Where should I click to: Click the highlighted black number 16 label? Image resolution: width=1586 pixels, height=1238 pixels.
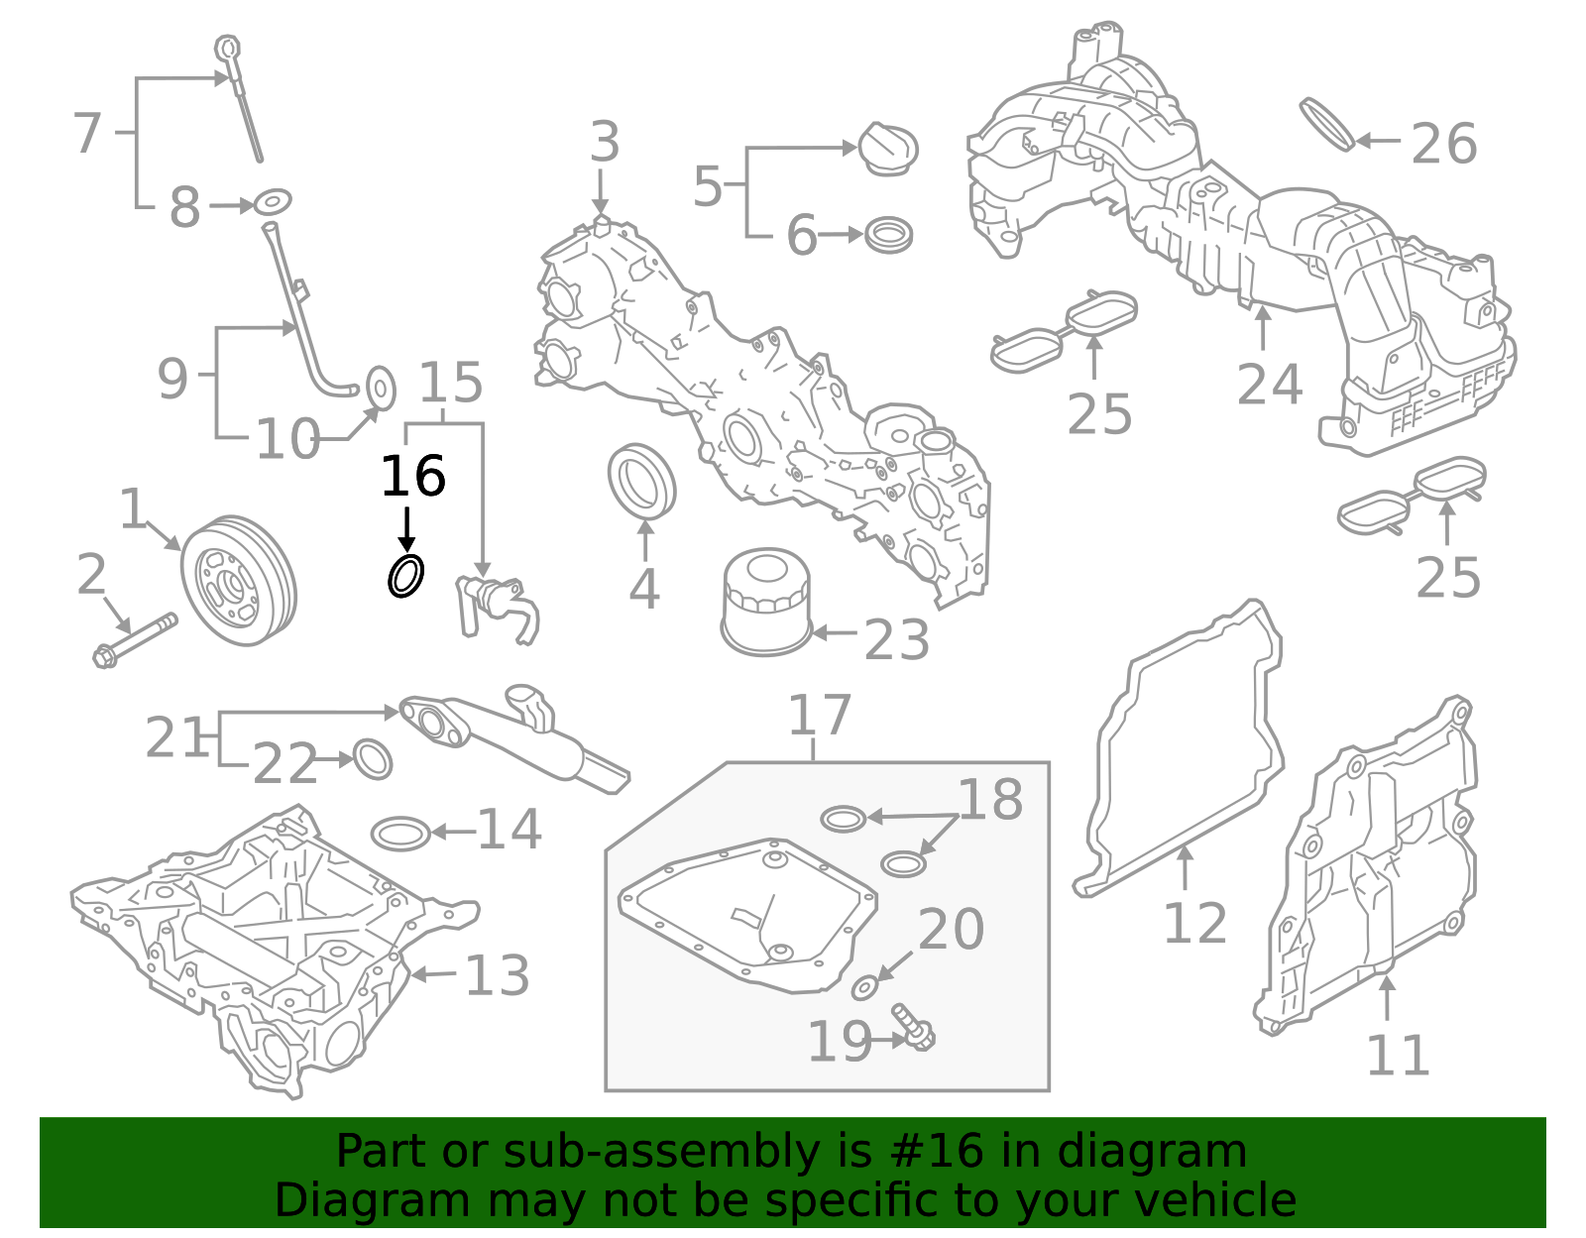412,477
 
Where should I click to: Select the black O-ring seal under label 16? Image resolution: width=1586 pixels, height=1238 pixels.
405,576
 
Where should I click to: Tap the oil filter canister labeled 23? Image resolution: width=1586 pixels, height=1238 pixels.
765,605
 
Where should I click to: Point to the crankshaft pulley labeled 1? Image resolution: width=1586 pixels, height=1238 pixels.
239,580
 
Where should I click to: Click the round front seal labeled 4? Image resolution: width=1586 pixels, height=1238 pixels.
641,481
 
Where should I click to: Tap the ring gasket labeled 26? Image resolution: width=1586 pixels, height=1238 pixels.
1327,124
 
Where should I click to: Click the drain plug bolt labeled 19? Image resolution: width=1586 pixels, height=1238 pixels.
915,1028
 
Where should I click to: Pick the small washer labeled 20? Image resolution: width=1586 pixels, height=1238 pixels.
865,987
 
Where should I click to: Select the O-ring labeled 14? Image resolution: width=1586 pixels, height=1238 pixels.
401,834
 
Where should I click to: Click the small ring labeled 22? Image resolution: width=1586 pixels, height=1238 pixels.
373,759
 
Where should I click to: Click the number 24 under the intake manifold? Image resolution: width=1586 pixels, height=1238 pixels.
1269,385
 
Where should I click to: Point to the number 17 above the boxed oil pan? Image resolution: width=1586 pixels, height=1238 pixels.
820,716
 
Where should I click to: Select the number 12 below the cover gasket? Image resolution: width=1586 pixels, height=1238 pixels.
1194,924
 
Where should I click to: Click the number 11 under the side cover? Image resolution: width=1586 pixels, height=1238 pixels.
1398,1056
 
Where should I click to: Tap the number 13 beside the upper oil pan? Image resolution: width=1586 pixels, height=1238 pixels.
497,976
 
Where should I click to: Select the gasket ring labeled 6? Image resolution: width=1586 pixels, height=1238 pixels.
888,236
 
